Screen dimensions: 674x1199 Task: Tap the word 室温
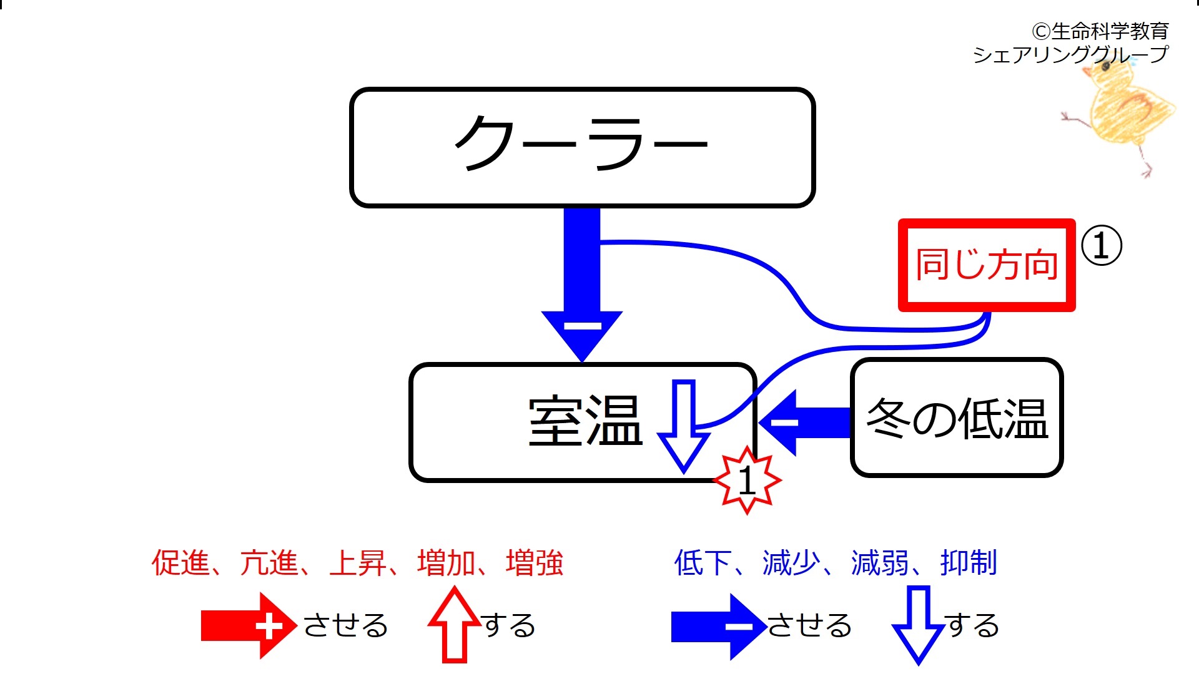click(585, 422)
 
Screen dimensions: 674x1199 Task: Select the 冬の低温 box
click(956, 418)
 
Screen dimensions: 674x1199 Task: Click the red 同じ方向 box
click(986, 265)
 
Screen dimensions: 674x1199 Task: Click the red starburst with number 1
click(747, 481)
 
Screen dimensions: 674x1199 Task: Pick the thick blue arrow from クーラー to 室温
click(582, 281)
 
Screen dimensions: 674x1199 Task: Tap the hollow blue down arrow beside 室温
click(684, 424)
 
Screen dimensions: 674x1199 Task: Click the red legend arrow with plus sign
click(248, 625)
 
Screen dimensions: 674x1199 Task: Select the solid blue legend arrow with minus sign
click(718, 626)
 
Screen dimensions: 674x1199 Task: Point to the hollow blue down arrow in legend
click(917, 624)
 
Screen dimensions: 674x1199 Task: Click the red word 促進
click(180, 562)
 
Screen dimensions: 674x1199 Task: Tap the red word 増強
click(535, 562)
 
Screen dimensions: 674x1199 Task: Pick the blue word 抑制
click(969, 562)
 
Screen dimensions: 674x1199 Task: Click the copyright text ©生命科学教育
click(1100, 31)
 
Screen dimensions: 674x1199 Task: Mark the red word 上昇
click(358, 562)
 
